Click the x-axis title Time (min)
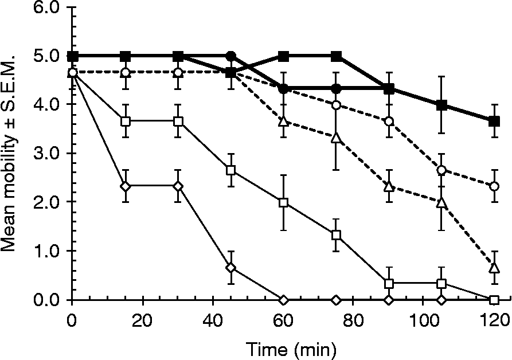[x=291, y=347]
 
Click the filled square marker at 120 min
[x=494, y=121]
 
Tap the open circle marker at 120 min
[x=494, y=186]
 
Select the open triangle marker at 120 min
[x=494, y=267]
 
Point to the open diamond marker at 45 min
[x=230, y=267]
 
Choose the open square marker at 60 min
[x=283, y=203]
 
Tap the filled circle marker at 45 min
[x=230, y=56]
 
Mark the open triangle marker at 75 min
[x=336, y=138]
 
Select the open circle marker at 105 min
[x=441, y=170]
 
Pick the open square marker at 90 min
[x=389, y=283]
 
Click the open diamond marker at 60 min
[x=283, y=299]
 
